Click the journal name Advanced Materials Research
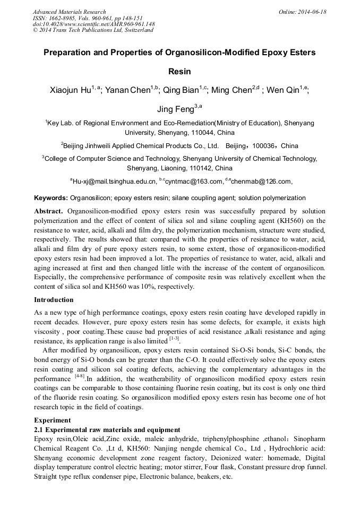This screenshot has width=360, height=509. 69,12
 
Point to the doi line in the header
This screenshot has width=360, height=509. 94,24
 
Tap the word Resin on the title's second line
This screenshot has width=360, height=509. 179,71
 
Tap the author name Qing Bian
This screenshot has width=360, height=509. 181,90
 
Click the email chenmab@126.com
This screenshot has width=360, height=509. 261,182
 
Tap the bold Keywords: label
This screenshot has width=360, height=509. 51,198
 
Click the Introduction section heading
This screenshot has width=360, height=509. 54,300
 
